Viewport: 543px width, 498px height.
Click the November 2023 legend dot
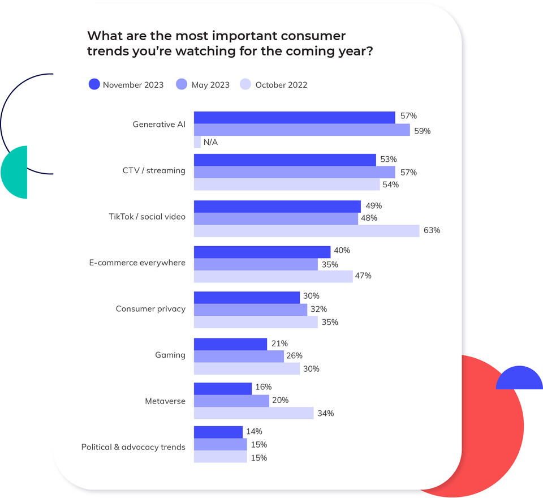[x=94, y=85]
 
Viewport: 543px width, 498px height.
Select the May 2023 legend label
[x=210, y=85]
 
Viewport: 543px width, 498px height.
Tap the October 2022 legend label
[x=281, y=85]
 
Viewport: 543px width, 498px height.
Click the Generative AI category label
[x=158, y=124]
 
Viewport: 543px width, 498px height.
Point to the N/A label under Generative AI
[x=210, y=143]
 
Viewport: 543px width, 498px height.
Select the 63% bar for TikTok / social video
[x=307, y=230]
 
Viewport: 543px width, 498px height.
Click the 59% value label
[x=422, y=131]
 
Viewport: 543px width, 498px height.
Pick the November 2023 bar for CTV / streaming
[x=285, y=160]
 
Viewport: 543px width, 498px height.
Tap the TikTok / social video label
[x=147, y=217]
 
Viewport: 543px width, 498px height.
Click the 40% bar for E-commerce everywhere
[x=262, y=252]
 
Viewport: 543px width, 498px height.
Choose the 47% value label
[x=363, y=276]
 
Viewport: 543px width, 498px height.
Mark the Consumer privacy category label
[x=150, y=309]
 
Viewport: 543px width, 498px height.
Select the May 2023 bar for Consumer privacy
[x=251, y=310]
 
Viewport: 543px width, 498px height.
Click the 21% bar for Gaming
[x=230, y=344]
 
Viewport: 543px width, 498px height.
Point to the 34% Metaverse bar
[x=253, y=413]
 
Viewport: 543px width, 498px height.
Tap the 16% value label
[x=264, y=387]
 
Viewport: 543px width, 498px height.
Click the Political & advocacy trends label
[x=133, y=447]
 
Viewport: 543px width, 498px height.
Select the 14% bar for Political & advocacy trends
[x=218, y=432]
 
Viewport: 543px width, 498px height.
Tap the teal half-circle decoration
[x=16, y=172]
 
